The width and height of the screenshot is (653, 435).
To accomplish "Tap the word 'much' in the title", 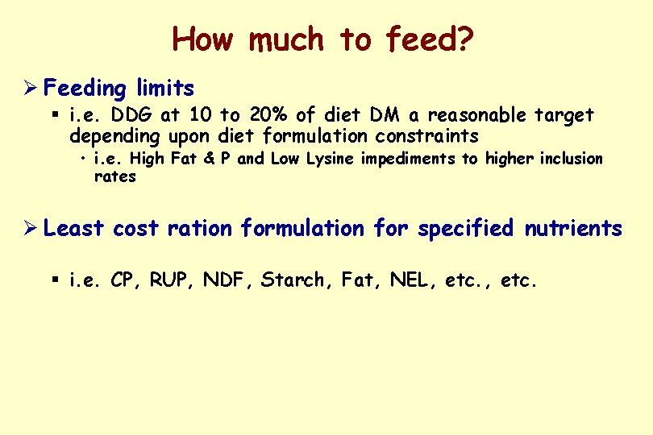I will tap(283, 39).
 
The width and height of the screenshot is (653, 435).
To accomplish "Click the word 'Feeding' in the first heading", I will tap(84, 88).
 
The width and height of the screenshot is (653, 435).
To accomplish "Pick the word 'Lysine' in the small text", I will tap(329, 159).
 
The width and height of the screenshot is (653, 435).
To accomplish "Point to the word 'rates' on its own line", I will tap(115, 176).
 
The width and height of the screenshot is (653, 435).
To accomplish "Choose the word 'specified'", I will tap(465, 229).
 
